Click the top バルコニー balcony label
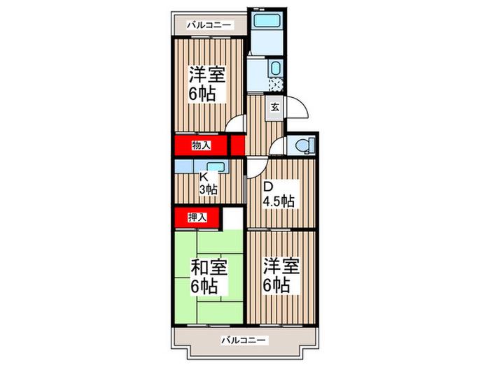tap(210, 25)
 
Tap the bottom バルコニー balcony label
tap(245, 340)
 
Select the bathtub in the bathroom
tap(266, 21)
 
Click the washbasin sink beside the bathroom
tap(275, 69)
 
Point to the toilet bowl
tap(302, 145)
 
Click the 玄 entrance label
tap(274, 108)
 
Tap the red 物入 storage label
tap(202, 145)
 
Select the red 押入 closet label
tap(197, 217)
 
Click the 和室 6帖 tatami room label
tap(209, 277)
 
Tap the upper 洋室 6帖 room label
tap(207, 84)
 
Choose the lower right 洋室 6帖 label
tap(281, 275)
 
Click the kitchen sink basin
tap(216, 167)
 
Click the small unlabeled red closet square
tap(238, 145)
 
